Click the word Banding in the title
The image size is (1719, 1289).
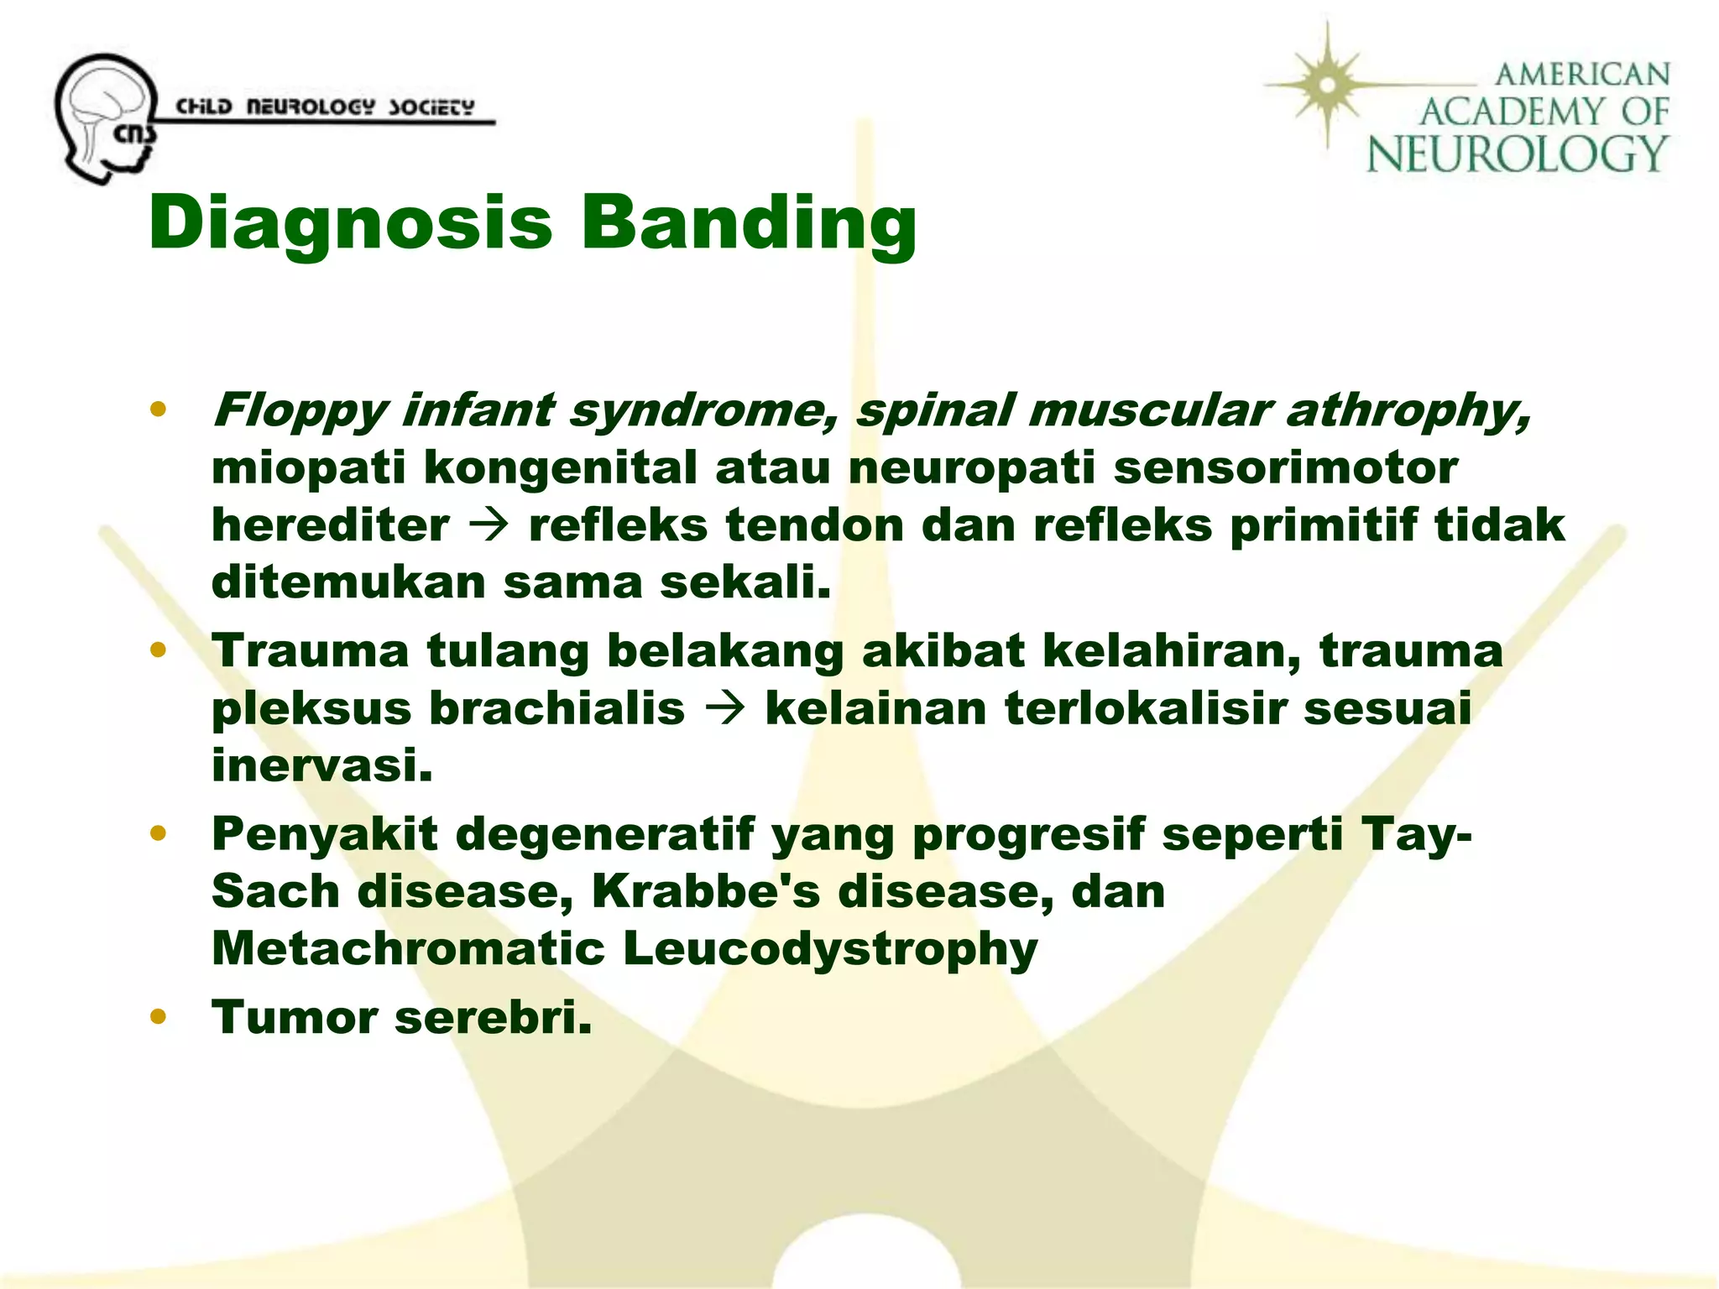click(747, 222)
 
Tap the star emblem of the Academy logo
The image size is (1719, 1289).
click(1327, 85)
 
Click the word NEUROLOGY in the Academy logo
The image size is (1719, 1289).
click(1516, 154)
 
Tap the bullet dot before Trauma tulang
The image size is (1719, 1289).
click(157, 650)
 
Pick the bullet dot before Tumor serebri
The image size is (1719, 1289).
click(157, 1017)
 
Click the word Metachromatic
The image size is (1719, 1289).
click(408, 948)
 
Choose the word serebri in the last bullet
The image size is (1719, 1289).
click(493, 1017)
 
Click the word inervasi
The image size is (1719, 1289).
click(322, 765)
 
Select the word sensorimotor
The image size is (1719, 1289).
click(1285, 467)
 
